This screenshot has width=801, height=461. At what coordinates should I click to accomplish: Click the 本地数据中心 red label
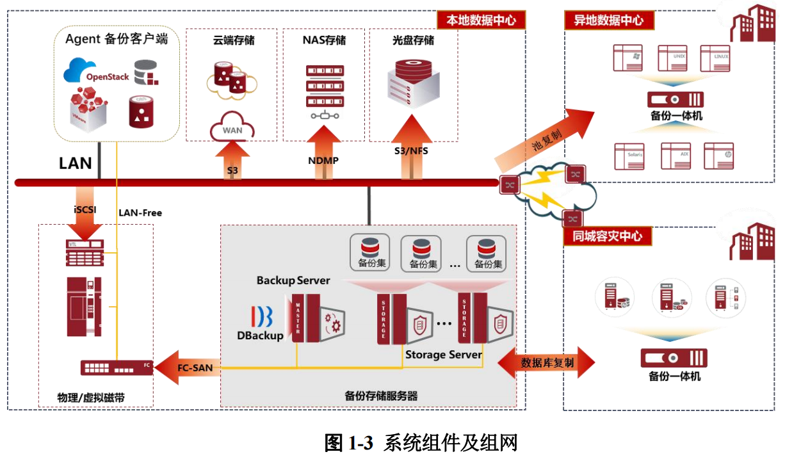[x=481, y=20]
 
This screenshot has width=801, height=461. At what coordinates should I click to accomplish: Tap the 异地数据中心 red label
[x=608, y=20]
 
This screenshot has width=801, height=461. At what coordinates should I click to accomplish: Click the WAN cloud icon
[x=232, y=127]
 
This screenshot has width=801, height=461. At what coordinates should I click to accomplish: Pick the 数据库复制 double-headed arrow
[x=547, y=363]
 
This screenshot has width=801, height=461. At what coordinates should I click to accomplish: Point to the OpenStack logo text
[x=108, y=77]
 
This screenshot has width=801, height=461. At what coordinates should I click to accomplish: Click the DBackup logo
[x=261, y=323]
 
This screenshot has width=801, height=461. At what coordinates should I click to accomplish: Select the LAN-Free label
[x=140, y=213]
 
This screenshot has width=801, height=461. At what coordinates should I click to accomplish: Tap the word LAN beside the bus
[x=76, y=163]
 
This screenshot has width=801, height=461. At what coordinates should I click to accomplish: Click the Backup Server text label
[x=293, y=280]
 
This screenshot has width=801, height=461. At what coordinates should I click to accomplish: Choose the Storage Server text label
[x=444, y=354]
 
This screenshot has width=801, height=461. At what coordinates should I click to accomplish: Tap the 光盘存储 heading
[x=413, y=40]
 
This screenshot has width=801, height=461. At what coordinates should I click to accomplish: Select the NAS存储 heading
[x=324, y=40]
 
